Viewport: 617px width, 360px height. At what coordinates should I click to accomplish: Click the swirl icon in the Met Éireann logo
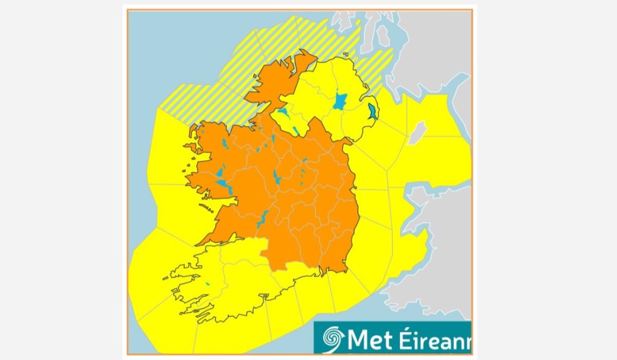click(x=333, y=338)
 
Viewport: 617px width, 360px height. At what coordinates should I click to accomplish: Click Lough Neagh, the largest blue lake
click(x=339, y=101)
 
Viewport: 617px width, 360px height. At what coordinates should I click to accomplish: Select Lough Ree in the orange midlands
click(x=277, y=177)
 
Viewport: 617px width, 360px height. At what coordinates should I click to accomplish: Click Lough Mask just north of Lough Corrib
click(x=220, y=171)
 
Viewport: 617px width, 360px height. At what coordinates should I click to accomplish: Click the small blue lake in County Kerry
click(x=208, y=283)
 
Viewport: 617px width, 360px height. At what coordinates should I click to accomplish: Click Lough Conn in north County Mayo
click(x=225, y=143)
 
